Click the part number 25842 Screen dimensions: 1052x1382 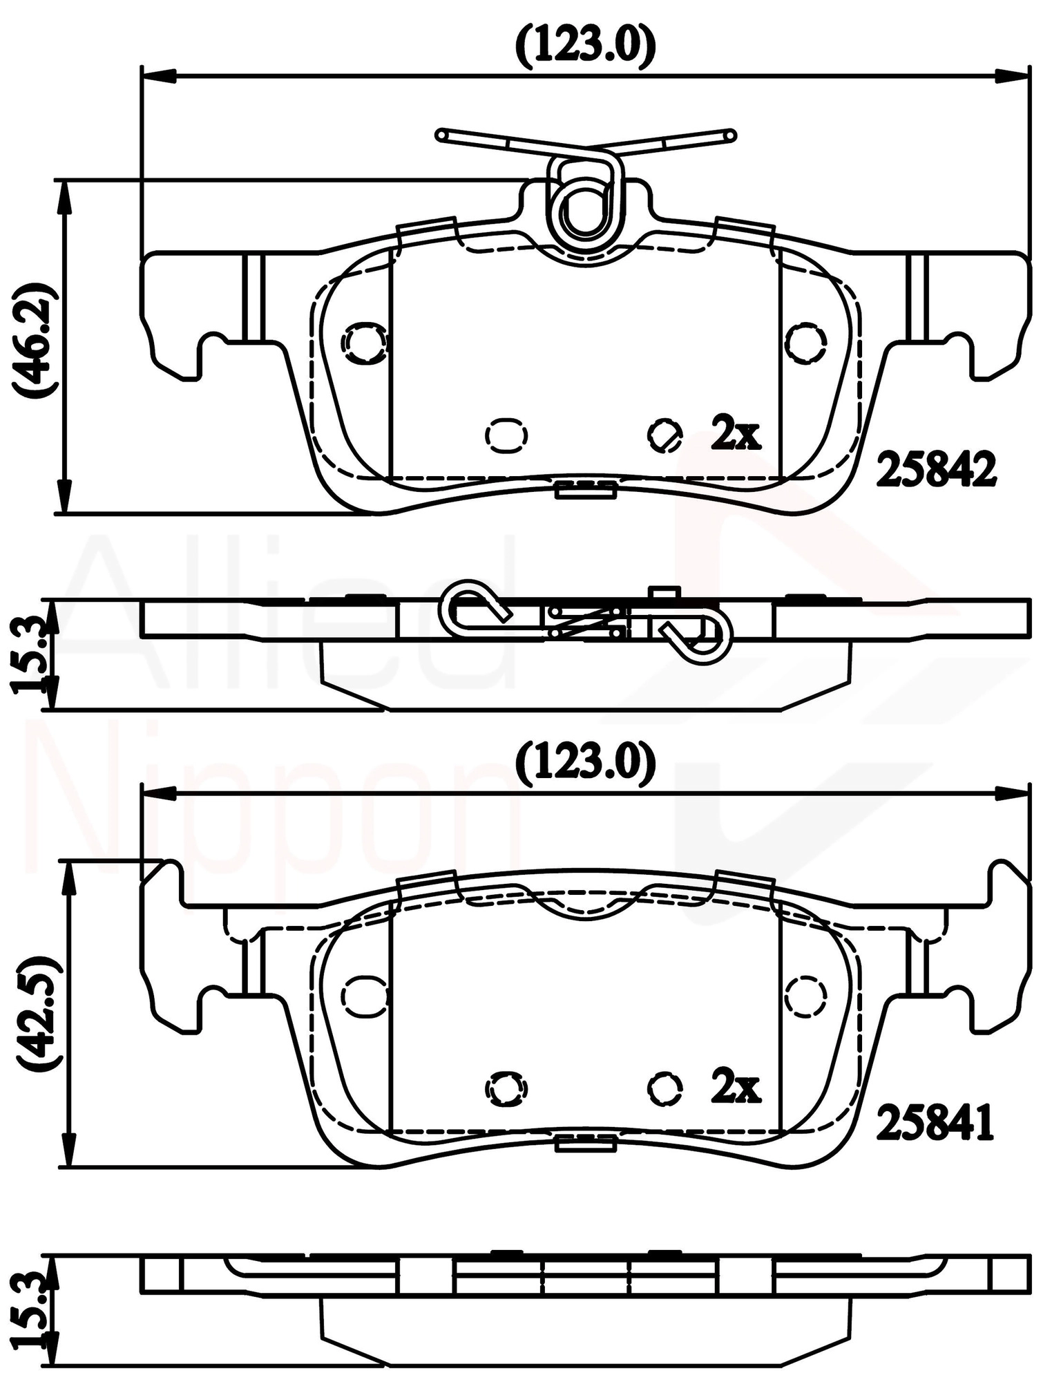pos(936,471)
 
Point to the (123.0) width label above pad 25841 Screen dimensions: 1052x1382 pos(586,765)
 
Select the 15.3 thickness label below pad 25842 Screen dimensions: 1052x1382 pos(29,653)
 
